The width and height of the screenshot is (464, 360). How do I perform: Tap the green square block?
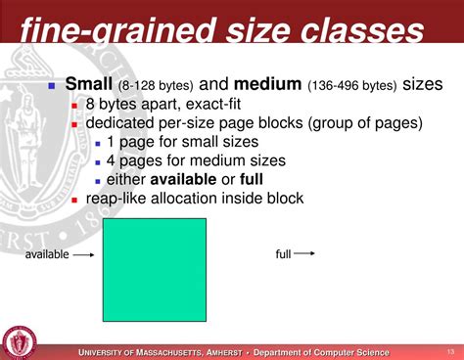(x=155, y=269)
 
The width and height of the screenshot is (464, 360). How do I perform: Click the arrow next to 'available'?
(x=84, y=254)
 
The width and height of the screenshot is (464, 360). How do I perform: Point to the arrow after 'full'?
(x=305, y=253)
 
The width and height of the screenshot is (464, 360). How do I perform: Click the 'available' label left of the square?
(x=47, y=254)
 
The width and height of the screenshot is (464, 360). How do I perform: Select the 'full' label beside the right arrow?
(x=283, y=253)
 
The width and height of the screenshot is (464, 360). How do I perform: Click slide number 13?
(x=450, y=351)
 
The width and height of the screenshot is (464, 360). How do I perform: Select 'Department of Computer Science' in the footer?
(x=321, y=352)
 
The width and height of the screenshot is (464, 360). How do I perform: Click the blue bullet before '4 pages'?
(x=97, y=161)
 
